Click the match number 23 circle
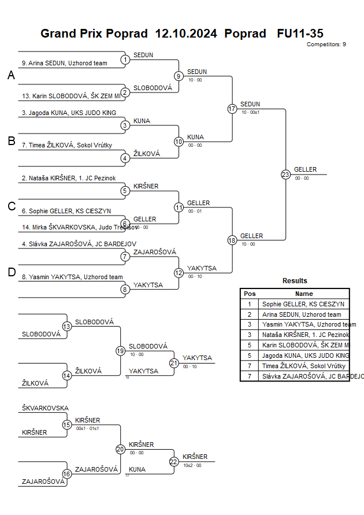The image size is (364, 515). coord(285,174)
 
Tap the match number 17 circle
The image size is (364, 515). coord(232,108)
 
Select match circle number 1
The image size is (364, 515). coord(125,59)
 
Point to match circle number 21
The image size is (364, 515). coord(174,363)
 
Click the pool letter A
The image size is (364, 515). coord(11,76)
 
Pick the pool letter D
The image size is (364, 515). coord(11,273)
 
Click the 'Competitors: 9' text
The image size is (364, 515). coord(326,45)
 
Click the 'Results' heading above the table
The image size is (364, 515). coord(295,281)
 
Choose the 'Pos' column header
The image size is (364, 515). coord(250,294)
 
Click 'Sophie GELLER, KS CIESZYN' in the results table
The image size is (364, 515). coord(303,303)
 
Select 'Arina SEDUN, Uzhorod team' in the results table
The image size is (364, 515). coord(302,314)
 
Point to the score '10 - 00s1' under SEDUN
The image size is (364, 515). coord(251,112)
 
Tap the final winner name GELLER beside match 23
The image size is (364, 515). coord(305,169)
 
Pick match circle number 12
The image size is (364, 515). coord(179,272)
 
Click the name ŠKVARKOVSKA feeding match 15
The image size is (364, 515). coord(45,408)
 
